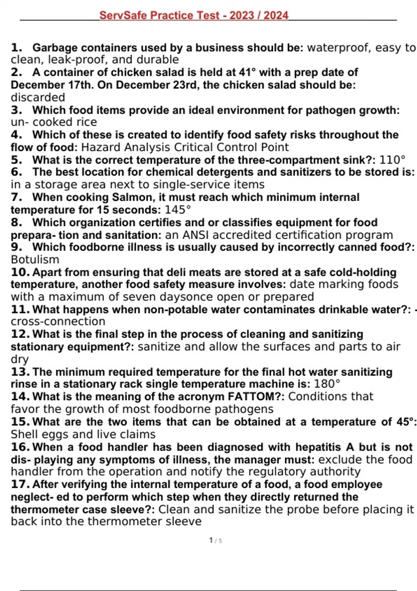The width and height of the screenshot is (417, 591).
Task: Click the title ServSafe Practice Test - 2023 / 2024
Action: pos(194,15)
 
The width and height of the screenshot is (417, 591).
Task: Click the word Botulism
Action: pos(35,259)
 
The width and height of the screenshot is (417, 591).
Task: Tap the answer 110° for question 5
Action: pos(392,160)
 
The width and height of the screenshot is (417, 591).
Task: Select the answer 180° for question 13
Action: pos(327,384)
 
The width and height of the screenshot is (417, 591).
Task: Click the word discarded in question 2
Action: pos(38,97)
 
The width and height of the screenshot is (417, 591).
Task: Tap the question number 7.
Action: pos(16,197)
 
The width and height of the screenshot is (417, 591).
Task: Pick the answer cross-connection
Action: pos(58,321)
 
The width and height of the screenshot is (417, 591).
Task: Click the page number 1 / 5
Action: pos(215,540)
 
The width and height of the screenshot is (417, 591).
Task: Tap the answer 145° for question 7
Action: pos(178,210)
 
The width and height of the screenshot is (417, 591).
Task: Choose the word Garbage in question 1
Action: pos(55,47)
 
